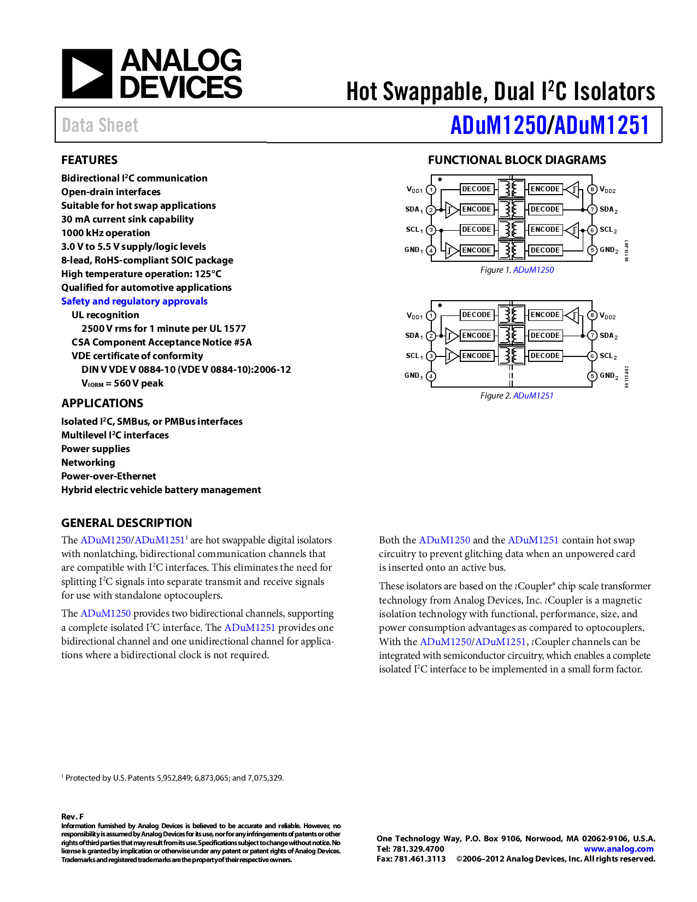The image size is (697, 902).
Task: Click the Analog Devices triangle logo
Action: tap(86, 74)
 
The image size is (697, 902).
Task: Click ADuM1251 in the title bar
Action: tap(601, 125)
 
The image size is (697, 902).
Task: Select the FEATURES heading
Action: tap(89, 160)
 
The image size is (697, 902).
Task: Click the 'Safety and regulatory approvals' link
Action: tap(134, 301)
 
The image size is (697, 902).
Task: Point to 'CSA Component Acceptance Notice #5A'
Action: tap(161, 342)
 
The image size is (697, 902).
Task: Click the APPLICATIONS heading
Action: tap(102, 403)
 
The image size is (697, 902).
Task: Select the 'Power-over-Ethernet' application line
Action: tap(108, 476)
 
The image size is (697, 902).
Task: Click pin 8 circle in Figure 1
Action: tap(592, 190)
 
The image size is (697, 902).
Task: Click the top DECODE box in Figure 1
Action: tap(476, 189)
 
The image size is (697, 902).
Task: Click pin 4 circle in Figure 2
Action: tap(431, 376)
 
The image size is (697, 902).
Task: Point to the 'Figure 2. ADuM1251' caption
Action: tap(517, 396)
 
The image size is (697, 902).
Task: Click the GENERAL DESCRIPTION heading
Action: tap(126, 523)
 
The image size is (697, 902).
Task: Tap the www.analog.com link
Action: tap(618, 849)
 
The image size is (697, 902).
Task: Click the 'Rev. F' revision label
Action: tap(72, 817)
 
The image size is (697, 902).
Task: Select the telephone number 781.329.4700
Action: tap(418, 849)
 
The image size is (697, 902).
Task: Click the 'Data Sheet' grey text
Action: tap(100, 126)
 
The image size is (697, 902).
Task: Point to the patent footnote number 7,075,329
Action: tap(265, 778)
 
